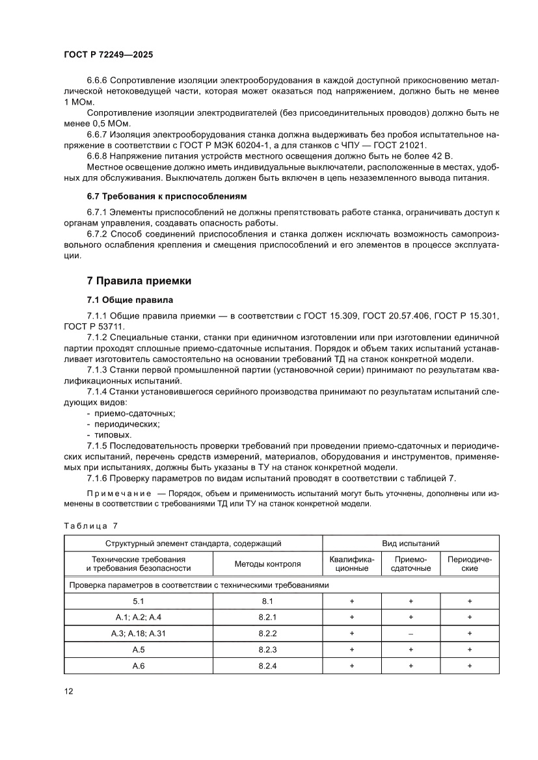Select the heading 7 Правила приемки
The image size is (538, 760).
139,281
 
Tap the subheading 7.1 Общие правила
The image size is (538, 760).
130,300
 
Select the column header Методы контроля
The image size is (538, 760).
267,564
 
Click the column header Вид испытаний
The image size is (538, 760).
410,543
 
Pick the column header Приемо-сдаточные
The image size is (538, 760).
410,564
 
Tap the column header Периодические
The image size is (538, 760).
470,564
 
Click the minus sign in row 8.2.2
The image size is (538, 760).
410,633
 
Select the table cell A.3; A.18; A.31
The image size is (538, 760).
137,633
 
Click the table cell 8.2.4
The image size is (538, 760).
267,665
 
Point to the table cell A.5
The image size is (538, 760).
137,649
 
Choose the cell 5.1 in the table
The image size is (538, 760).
137,601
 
